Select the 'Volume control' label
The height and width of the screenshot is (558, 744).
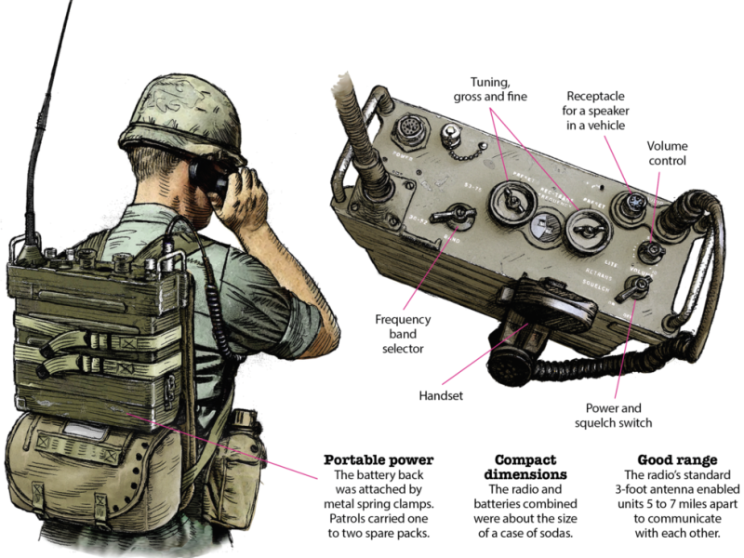(x=667, y=153)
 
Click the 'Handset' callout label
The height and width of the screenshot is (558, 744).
(x=441, y=395)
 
